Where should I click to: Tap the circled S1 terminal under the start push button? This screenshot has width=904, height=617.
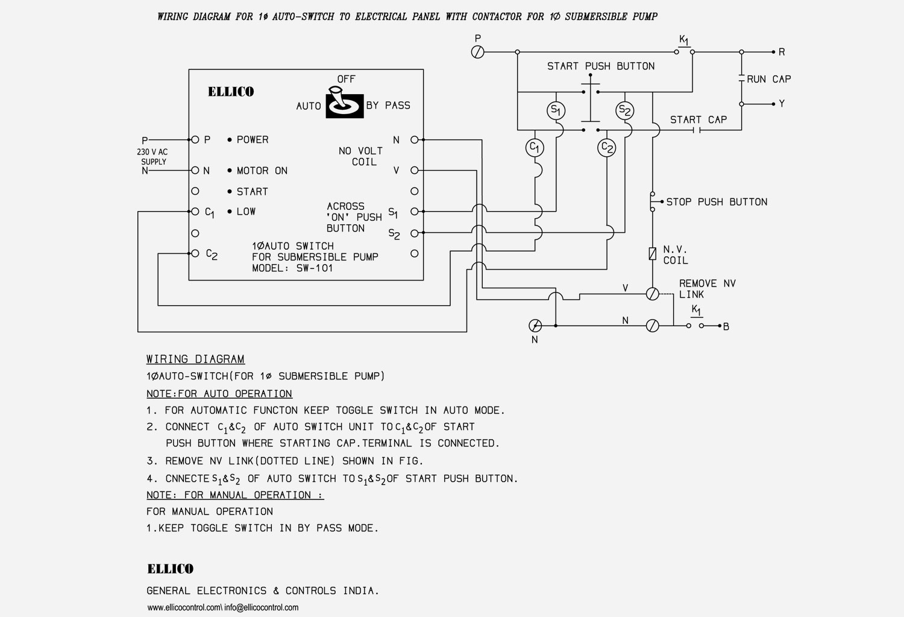[556, 110]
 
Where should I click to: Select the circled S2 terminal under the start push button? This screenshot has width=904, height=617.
[625, 110]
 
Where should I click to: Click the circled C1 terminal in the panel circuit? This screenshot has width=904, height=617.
[535, 148]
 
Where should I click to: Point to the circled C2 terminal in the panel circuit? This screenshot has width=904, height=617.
[607, 148]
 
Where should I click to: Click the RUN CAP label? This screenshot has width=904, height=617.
[768, 79]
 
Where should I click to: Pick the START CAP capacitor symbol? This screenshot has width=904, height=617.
[697, 130]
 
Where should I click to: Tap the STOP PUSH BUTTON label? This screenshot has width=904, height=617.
[717, 202]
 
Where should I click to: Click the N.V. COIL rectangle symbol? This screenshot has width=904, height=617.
[652, 254]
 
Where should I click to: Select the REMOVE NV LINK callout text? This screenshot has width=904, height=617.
[707, 289]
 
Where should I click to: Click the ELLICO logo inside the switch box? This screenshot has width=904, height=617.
[231, 92]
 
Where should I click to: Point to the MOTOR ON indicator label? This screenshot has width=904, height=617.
[262, 171]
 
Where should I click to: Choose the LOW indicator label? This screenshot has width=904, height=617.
[246, 212]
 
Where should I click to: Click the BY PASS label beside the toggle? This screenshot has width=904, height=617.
[388, 106]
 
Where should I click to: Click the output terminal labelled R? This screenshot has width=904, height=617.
[774, 52]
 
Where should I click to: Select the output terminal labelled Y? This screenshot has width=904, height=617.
[774, 104]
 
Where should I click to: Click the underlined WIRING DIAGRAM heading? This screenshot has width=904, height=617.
[195, 359]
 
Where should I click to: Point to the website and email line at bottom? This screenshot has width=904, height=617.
[223, 607]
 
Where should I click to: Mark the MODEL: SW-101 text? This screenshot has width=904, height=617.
[292, 268]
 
